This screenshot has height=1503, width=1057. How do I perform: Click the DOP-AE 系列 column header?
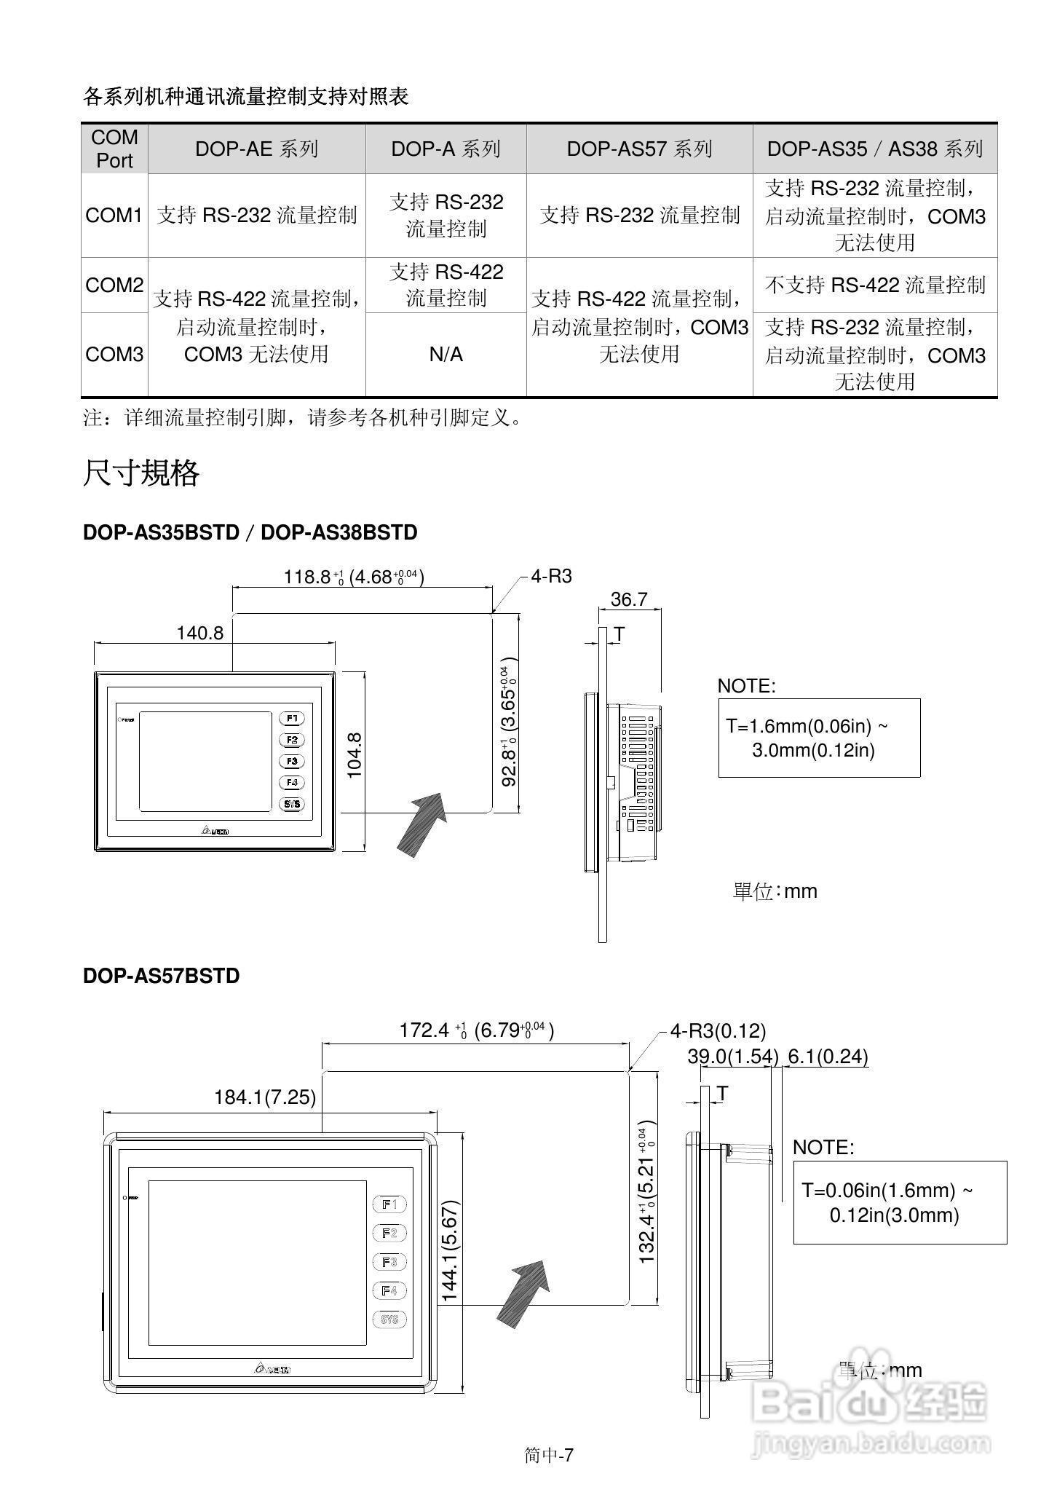256,149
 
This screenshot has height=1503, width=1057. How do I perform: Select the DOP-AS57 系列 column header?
639,149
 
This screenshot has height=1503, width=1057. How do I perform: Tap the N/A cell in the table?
446,355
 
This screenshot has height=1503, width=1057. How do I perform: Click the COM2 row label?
114,285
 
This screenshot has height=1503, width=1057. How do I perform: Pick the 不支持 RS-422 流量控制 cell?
874,285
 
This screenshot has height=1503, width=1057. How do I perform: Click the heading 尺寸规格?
141,473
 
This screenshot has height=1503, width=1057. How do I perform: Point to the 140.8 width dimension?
199,633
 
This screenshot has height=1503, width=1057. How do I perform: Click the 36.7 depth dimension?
629,599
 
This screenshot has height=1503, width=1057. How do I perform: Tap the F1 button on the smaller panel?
292,719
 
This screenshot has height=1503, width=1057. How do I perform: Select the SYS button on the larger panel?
389,1319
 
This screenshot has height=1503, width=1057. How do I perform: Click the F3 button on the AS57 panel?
389,1262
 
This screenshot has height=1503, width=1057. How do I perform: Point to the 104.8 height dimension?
355,756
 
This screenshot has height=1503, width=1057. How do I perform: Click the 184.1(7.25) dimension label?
265,1097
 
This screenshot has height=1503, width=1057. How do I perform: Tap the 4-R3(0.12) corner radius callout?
718,1031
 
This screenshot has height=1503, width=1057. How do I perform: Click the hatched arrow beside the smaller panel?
421,823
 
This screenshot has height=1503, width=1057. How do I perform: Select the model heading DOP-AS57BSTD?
161,976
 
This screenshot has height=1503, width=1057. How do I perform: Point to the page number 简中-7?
549,1455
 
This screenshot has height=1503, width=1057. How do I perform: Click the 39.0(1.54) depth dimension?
732,1056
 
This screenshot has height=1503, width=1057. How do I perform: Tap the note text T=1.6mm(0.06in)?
807,726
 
